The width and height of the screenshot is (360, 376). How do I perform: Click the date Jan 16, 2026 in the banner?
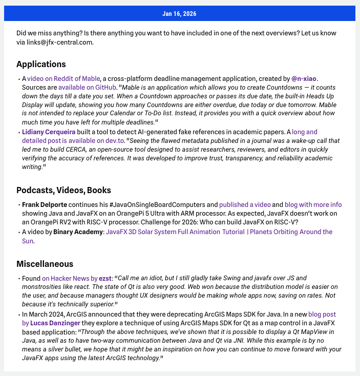coord(179,13)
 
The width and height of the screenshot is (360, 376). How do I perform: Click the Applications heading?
coord(41,64)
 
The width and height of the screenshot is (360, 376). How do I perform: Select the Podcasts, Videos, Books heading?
coord(63,191)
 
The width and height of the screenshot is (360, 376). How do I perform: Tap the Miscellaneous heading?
coord(45,264)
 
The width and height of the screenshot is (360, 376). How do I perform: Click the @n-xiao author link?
coord(304,79)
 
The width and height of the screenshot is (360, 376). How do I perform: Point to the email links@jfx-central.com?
coord(62,42)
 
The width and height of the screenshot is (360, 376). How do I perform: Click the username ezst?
coord(105,278)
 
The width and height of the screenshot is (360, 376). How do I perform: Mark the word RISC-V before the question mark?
coord(283,222)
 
